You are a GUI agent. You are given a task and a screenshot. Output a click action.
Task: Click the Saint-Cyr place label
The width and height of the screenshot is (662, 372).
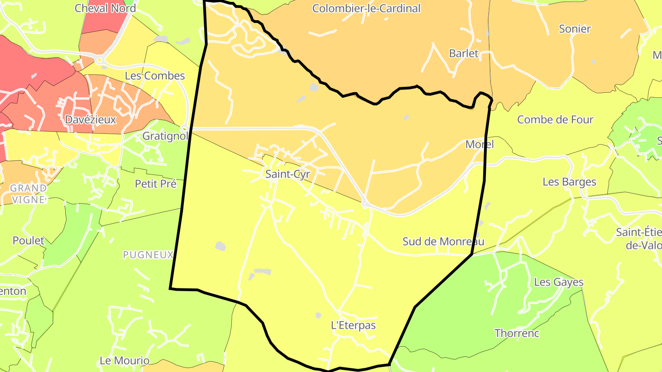[x=288, y=174]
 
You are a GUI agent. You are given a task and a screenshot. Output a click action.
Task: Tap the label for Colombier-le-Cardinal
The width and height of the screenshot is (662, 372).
[x=366, y=8]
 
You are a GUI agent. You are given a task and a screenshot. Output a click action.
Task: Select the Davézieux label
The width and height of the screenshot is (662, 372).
[x=91, y=119]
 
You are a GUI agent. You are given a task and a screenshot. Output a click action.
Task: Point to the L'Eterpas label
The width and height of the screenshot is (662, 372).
[x=353, y=325]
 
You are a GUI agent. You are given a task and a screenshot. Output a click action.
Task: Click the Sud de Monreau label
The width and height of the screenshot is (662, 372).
[x=443, y=241]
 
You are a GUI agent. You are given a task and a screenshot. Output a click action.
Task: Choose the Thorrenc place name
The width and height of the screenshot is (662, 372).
[x=517, y=333]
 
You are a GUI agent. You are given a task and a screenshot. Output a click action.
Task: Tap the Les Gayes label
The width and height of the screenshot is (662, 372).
[x=559, y=282]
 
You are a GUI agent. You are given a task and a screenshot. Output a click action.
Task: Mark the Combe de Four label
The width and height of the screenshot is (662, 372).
[x=555, y=119]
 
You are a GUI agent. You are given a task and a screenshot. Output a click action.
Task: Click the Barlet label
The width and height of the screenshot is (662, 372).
[x=463, y=53]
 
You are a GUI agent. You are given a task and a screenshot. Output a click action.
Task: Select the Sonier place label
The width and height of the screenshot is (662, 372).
[x=574, y=28]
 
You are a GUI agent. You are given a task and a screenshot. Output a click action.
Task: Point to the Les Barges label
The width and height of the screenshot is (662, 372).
[x=569, y=181]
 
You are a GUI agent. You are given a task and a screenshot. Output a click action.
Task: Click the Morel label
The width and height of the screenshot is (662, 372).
[x=479, y=144]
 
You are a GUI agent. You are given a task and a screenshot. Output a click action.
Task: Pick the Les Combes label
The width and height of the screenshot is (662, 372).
[x=155, y=76]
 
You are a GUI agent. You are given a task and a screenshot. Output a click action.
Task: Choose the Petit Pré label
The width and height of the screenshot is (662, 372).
[x=156, y=184]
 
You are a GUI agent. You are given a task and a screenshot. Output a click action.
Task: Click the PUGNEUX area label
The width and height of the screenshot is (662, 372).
[x=148, y=254]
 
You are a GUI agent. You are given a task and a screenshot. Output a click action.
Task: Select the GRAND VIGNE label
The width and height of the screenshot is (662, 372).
[x=29, y=194]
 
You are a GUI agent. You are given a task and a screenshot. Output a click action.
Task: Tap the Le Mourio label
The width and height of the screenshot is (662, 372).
[x=125, y=361]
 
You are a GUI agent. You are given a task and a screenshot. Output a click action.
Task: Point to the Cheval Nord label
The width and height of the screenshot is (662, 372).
[x=105, y=8]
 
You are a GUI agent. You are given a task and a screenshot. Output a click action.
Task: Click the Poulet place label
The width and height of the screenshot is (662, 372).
[x=29, y=241]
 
